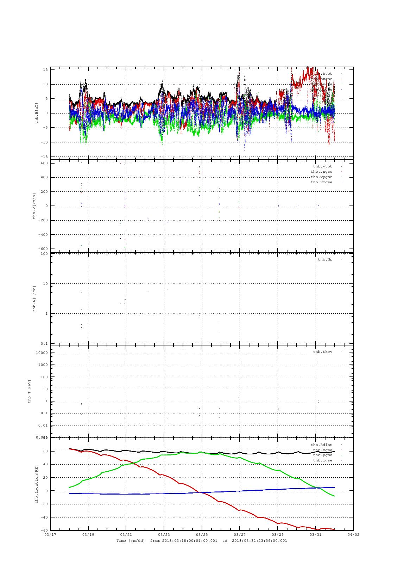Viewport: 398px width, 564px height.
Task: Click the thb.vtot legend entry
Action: click(x=322, y=166)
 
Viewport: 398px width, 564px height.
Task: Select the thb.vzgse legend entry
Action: click(x=321, y=182)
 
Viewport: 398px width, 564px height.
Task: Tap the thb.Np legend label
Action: click(x=325, y=259)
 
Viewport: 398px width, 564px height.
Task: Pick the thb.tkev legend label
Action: click(x=322, y=352)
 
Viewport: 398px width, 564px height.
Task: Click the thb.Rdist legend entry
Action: click(x=321, y=445)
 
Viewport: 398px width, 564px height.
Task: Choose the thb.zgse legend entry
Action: click(x=322, y=460)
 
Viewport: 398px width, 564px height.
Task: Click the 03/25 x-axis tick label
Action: click(x=202, y=534)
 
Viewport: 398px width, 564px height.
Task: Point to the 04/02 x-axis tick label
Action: click(x=353, y=534)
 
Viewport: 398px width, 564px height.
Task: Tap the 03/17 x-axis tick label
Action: click(x=50, y=534)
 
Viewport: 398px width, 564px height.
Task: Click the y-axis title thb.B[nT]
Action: click(x=36, y=113)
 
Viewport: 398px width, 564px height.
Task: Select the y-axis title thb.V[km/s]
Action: click(x=34, y=206)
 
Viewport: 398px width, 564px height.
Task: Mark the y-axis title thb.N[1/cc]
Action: click(x=34, y=299)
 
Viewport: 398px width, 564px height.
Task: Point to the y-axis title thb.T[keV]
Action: click(x=30, y=391)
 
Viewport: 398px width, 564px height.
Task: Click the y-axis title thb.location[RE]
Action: click(x=36, y=484)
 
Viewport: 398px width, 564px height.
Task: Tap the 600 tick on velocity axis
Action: click(x=44, y=163)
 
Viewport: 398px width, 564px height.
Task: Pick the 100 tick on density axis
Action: click(x=44, y=254)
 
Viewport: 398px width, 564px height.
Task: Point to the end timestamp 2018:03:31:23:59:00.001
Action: click(x=259, y=541)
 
